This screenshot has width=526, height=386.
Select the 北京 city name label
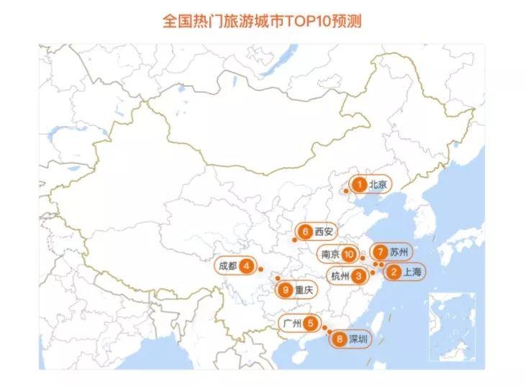(378, 185)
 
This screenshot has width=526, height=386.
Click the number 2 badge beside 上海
(393, 272)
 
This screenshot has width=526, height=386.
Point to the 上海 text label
(413, 272)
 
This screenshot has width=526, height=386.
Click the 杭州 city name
(339, 275)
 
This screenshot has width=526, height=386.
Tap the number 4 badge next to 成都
(246, 266)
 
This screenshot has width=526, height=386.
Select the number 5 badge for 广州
(309, 323)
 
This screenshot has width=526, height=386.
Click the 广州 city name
(291, 323)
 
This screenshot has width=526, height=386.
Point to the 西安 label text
(324, 231)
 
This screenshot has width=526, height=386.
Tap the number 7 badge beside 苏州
(380, 252)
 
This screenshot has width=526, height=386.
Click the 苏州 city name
(399, 252)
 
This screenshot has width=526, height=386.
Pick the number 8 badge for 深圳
(339, 338)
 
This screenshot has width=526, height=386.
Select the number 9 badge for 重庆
(286, 290)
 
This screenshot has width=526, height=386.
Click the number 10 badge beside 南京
(349, 254)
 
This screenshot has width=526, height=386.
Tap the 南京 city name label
(330, 254)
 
